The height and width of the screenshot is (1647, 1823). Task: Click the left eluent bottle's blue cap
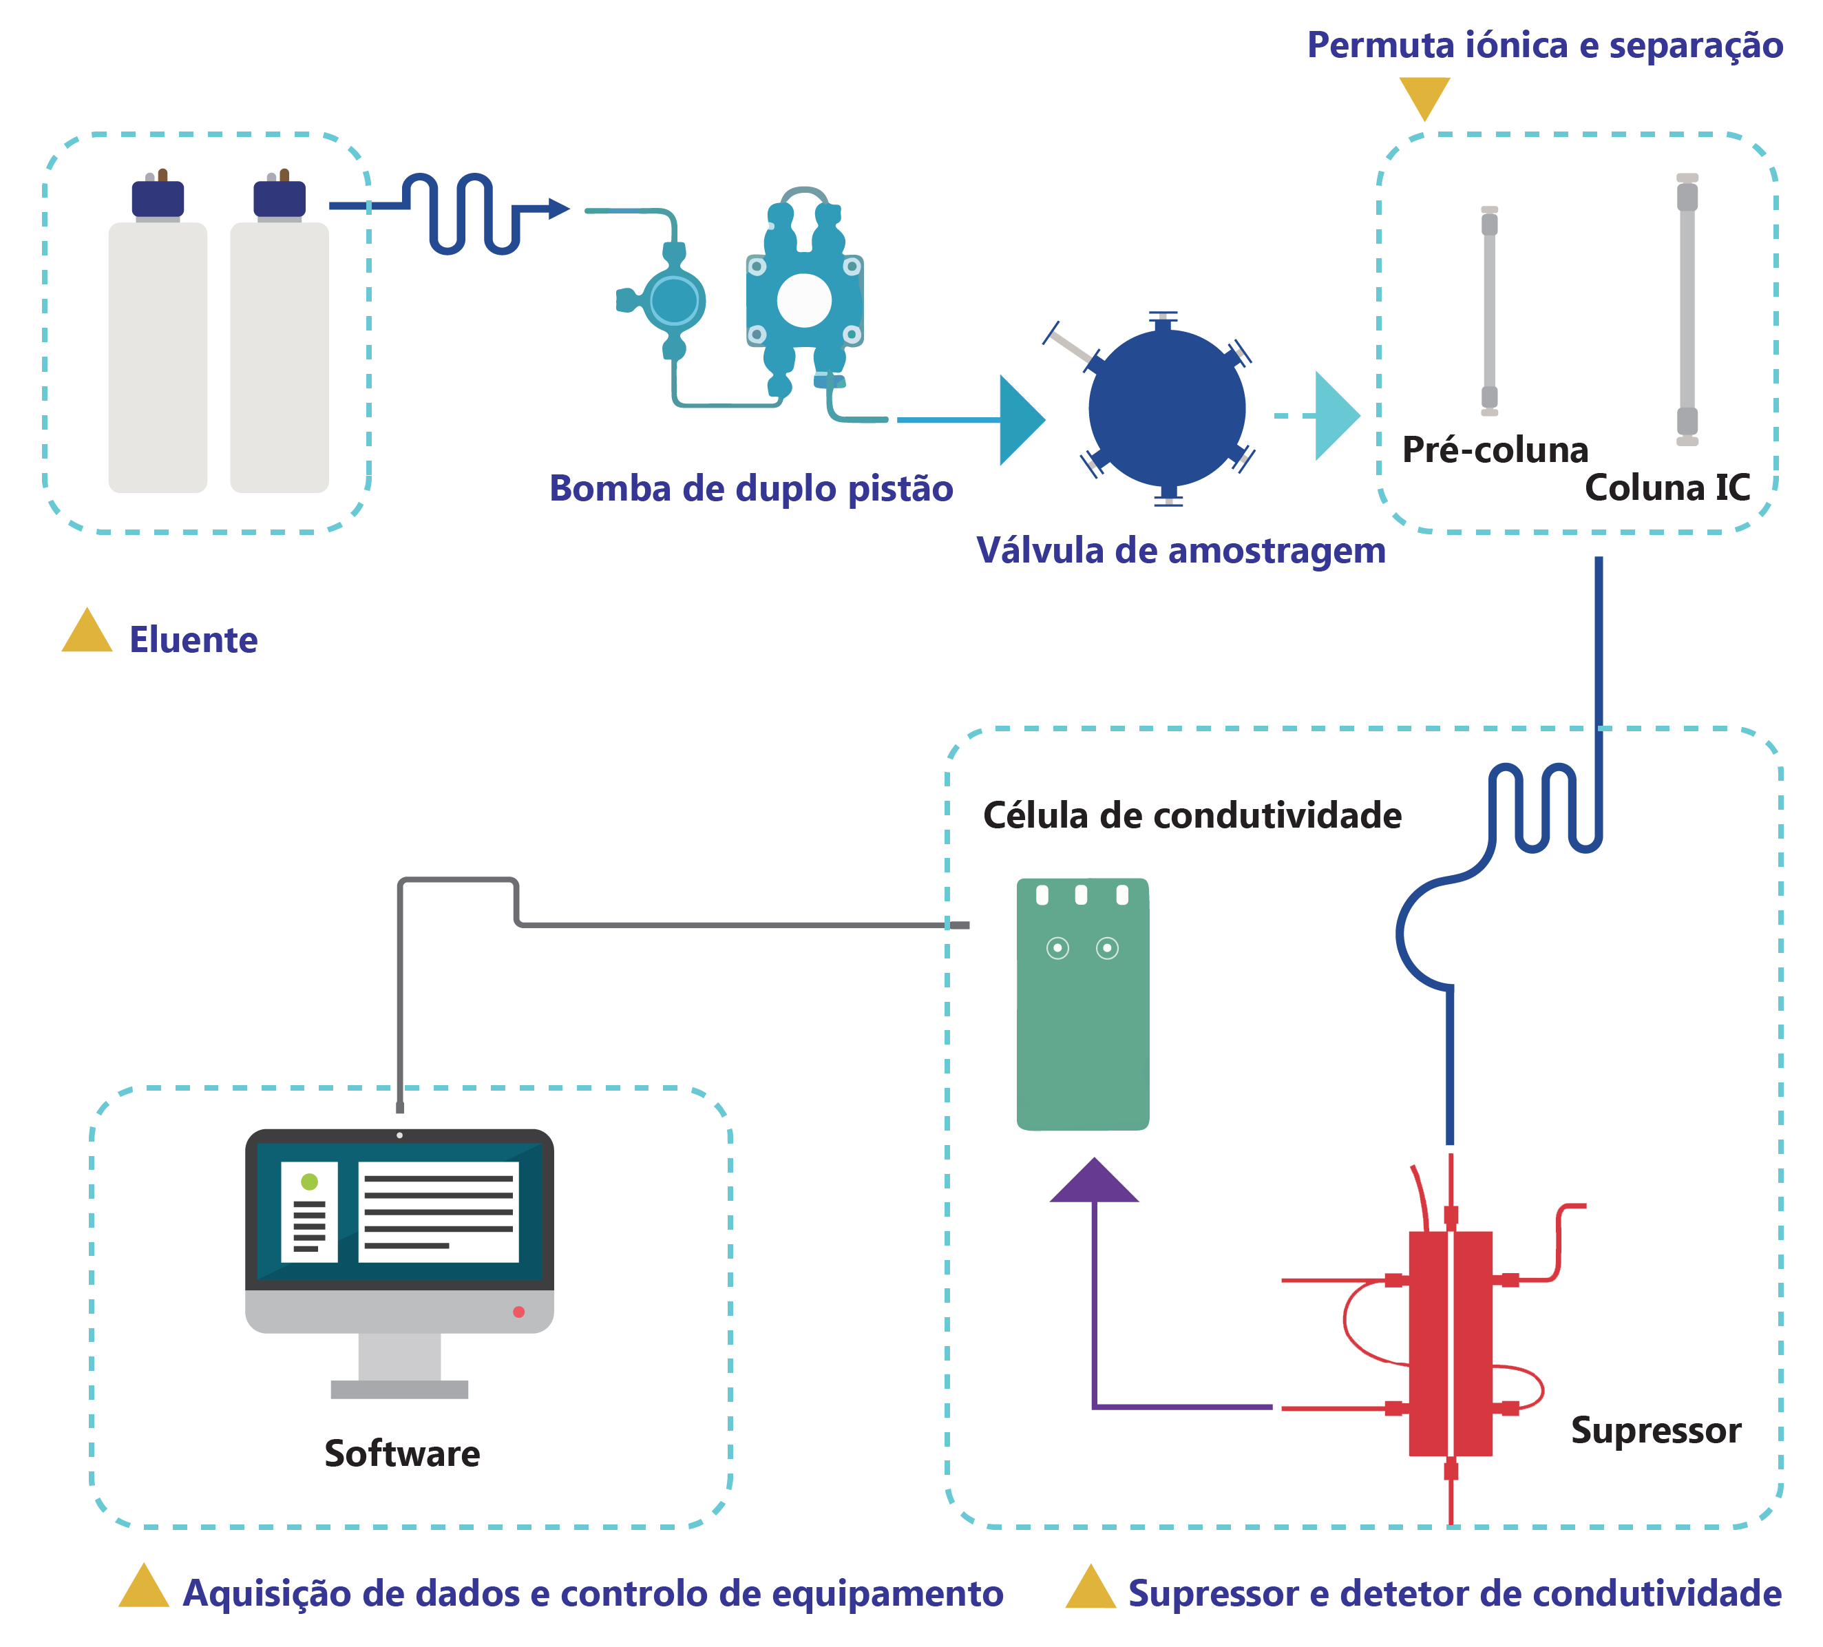[158, 199]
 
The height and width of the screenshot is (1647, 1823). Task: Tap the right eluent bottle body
[280, 357]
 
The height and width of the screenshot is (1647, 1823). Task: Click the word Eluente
[193, 640]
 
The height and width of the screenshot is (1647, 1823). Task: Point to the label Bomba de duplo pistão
[752, 488]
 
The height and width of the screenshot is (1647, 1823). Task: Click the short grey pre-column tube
[1489, 311]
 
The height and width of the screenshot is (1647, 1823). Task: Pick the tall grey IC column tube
[1687, 309]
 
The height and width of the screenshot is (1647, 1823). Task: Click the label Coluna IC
[1667, 488]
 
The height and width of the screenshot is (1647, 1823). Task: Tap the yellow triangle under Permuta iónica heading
[1424, 96]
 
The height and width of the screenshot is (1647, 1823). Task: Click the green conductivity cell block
[1082, 1004]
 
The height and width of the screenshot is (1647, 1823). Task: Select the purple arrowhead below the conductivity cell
[1094, 1182]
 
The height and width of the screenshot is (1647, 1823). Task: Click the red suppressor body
[1451, 1343]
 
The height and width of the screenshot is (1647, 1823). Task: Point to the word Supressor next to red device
[1656, 1430]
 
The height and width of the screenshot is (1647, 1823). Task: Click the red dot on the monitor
[519, 1312]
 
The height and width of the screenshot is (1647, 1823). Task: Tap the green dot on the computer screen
[309, 1182]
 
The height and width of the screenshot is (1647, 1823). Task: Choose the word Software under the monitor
[403, 1454]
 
